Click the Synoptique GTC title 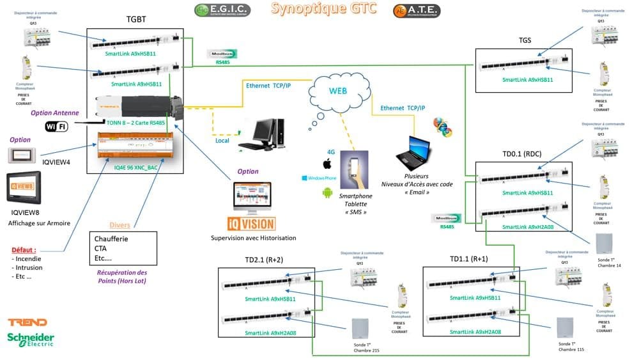pos(323,9)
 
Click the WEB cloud pos(337,91)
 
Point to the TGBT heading pos(136,20)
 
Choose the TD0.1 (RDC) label pos(518,153)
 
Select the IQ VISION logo pos(252,224)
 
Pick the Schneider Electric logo pos(30,340)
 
